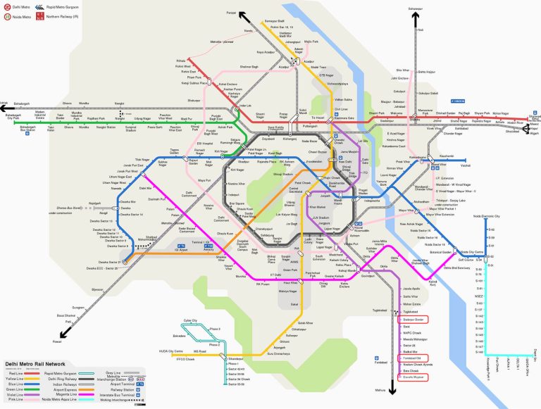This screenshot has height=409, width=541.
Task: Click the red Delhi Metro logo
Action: tap(7, 6)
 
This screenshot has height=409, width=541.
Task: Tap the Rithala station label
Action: tap(181, 61)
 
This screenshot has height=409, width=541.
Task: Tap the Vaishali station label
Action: tap(465, 165)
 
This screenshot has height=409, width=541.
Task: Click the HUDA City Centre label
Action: tap(170, 351)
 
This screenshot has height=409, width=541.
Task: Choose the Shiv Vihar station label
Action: tap(402, 70)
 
